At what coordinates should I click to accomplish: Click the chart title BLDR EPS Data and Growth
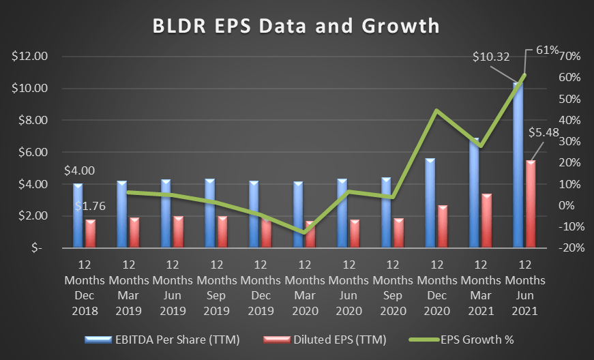[296, 25]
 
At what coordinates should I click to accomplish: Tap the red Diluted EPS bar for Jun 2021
[530, 205]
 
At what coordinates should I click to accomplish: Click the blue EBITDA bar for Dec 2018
[78, 215]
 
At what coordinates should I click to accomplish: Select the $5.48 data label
[544, 133]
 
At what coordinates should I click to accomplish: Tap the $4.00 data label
[79, 171]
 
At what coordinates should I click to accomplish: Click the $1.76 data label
[89, 205]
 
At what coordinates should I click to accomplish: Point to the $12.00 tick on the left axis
[29, 57]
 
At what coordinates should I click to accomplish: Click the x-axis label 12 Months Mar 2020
[304, 287]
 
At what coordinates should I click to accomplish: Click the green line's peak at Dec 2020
[436, 110]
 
